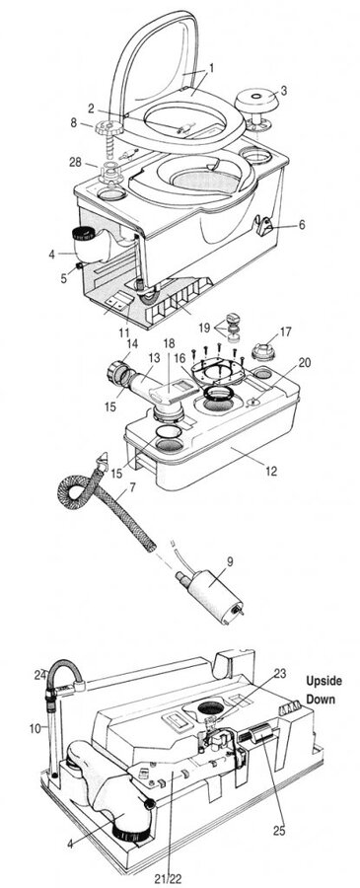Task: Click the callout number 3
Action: coord(284,91)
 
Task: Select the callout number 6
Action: coord(302,225)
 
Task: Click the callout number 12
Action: coord(271,471)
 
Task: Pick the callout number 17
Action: coord(285,332)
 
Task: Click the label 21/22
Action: coord(168,878)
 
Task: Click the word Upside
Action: coord(324,680)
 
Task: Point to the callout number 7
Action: coord(132,486)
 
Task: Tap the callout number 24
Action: coord(39,674)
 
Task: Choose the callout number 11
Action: coord(124,331)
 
